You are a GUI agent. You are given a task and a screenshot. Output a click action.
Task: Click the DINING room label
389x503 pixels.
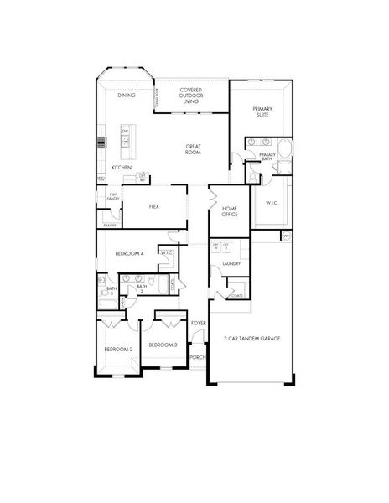[127, 96]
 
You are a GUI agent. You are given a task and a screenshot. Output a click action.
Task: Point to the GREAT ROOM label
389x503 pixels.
[194, 149]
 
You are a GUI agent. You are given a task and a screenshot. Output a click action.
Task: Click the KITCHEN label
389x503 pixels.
[122, 168]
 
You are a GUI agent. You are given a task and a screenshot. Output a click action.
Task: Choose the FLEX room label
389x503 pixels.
[154, 205]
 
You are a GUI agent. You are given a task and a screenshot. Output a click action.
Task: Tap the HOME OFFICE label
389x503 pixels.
[230, 211]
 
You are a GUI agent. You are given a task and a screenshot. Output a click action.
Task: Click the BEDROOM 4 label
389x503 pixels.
[130, 253]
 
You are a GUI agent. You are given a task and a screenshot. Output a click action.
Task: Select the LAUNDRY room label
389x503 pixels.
[232, 264]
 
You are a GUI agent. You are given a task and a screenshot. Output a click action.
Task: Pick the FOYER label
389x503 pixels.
[199, 322]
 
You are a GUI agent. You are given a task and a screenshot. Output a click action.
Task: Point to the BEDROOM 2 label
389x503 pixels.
[118, 348]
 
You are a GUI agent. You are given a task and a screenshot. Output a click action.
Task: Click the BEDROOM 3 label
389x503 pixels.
[163, 345]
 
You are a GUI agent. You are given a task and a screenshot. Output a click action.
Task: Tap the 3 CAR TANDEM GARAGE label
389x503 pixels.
[252, 338]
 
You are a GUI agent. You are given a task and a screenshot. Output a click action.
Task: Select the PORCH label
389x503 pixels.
[198, 357]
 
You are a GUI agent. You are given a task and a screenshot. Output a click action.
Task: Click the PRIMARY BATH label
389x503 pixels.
[267, 157]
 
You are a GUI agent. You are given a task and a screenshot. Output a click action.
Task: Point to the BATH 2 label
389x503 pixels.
[142, 288]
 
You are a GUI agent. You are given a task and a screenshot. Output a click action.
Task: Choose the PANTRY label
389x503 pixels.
[110, 225]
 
